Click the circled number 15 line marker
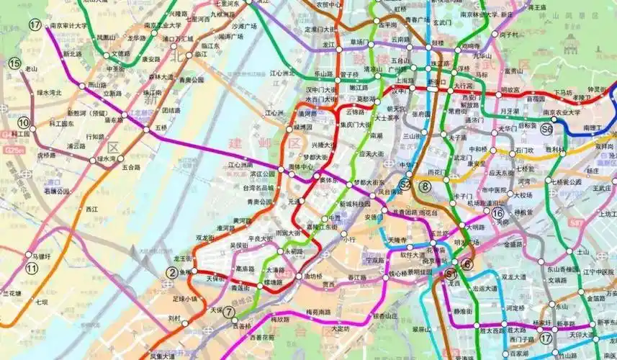(14, 63)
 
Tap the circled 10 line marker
(24, 122)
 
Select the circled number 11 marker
(31, 269)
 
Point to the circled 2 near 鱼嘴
(171, 272)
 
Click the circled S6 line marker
(547, 129)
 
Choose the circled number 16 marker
(497, 212)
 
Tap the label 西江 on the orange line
(91, 210)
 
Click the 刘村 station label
(174, 317)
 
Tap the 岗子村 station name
(509, 34)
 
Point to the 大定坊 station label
(335, 329)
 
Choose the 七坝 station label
(41, 302)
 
